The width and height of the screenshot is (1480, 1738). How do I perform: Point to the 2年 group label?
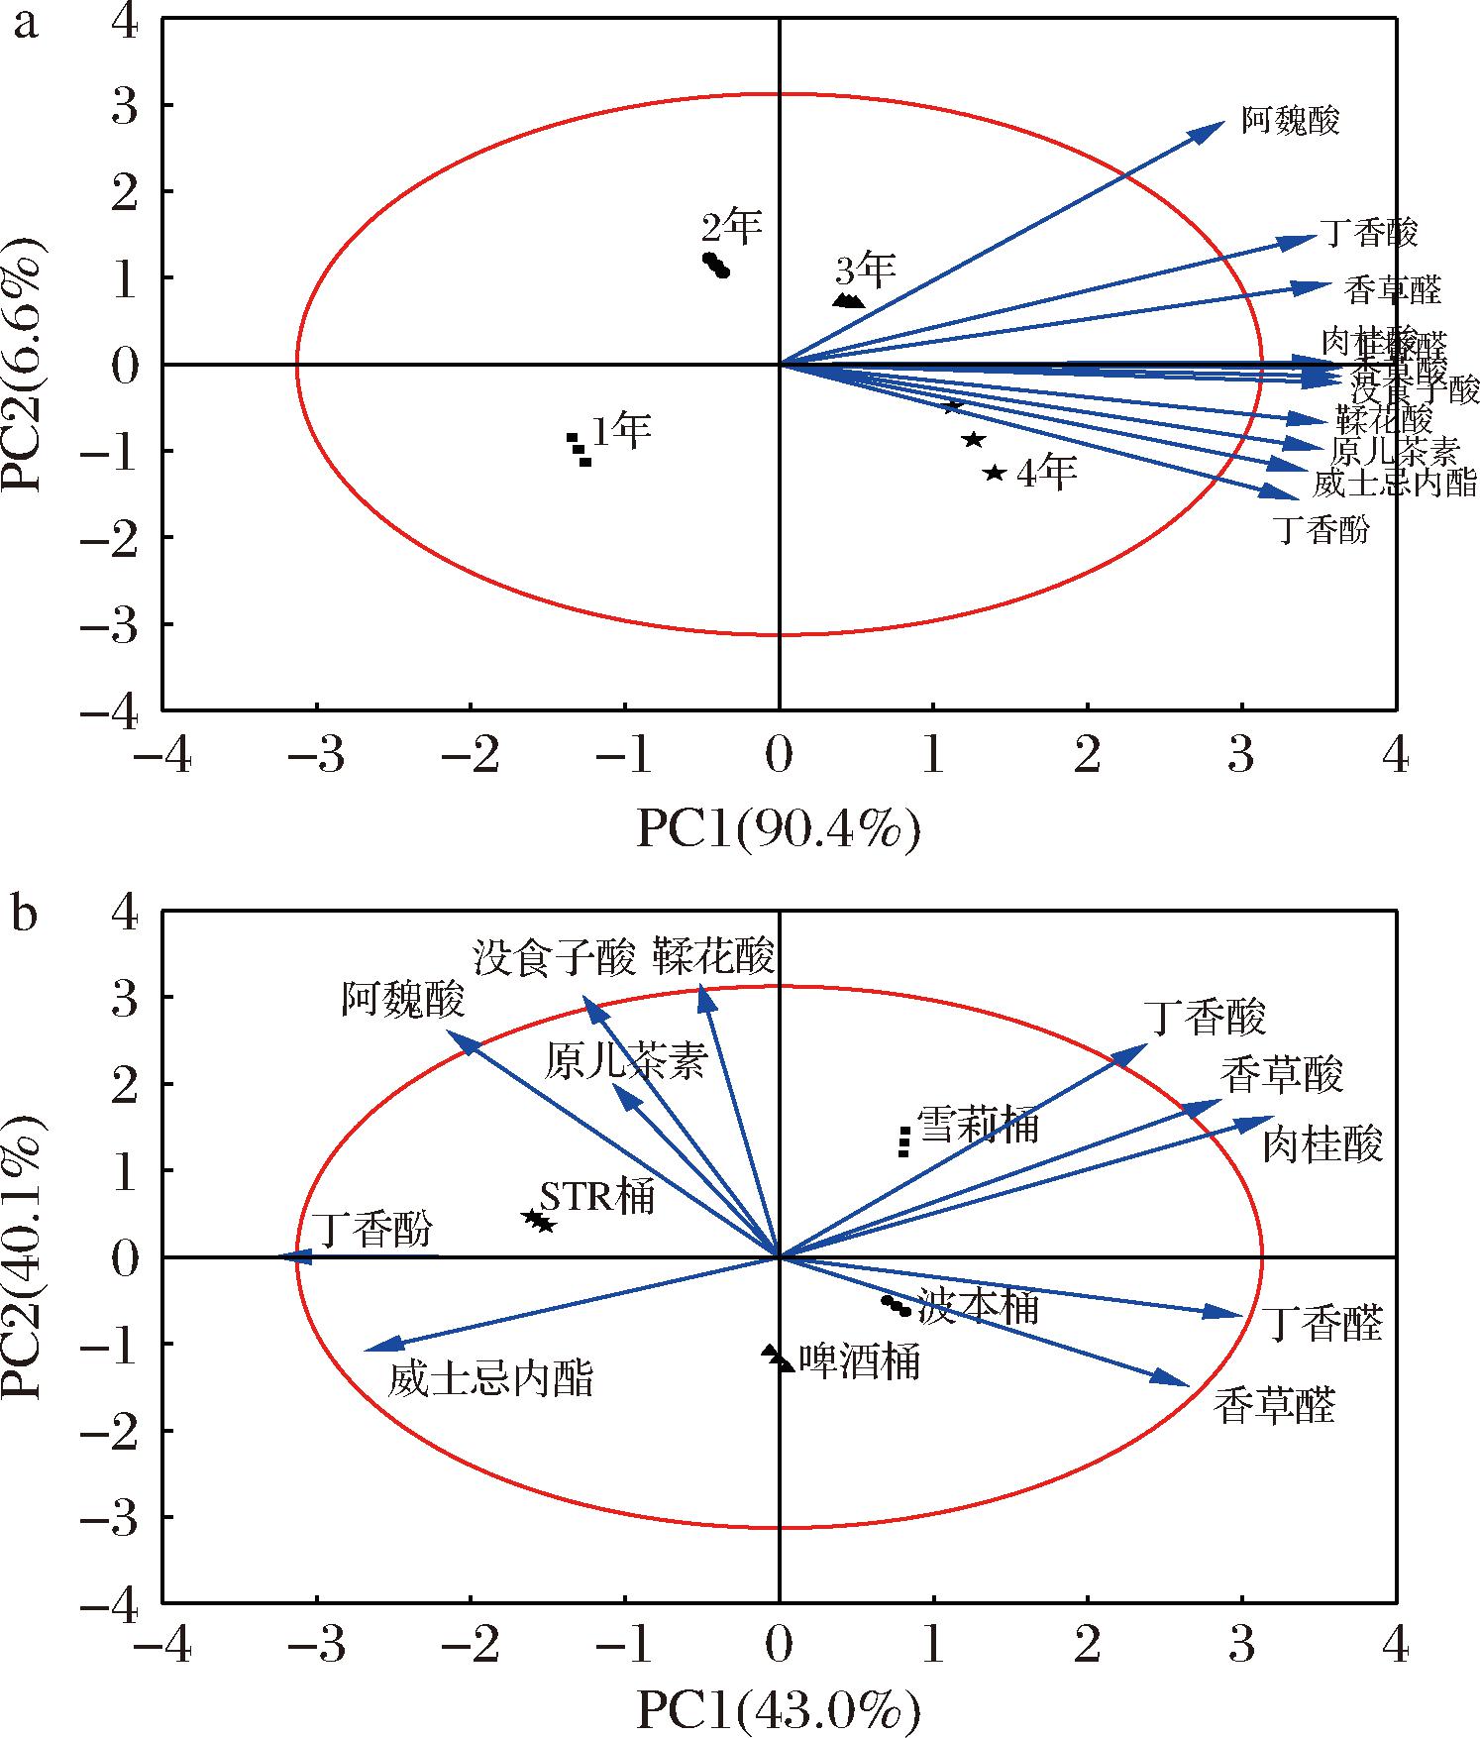(732, 227)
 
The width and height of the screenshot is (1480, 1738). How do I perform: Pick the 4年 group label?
(1047, 475)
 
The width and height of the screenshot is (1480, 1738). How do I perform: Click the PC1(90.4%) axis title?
(779, 829)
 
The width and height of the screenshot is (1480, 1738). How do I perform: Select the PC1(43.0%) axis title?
(779, 1710)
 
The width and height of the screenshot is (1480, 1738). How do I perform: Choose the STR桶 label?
(597, 1197)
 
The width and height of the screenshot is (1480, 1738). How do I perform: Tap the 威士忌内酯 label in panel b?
(490, 1378)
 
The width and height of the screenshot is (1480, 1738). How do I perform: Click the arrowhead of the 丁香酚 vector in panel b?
(288, 1256)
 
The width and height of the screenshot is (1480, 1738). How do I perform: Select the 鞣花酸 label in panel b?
(713, 958)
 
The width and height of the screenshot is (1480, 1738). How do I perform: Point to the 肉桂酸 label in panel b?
(1322, 1146)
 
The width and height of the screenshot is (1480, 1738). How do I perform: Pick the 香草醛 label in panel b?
(1275, 1406)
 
